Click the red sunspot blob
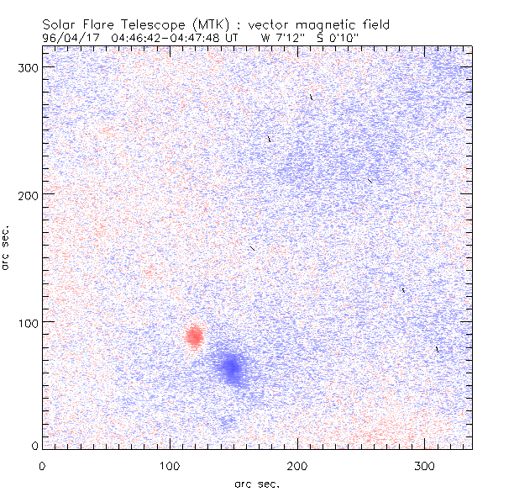(x=194, y=336)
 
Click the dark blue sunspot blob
(x=231, y=367)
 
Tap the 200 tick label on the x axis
(x=297, y=464)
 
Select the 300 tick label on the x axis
(x=425, y=464)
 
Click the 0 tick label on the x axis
(x=42, y=464)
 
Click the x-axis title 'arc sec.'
(x=257, y=483)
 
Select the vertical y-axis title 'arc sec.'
(x=7, y=247)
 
